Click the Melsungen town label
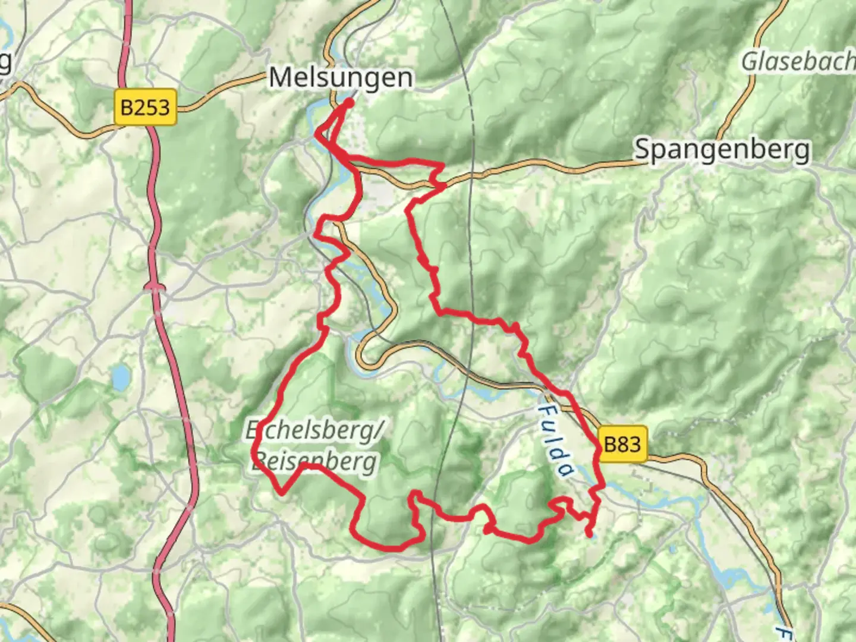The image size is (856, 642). pos(341,78)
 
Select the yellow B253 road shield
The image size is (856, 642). pos(145,108)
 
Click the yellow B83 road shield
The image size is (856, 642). pos(622,444)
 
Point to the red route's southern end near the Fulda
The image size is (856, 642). pos(589,534)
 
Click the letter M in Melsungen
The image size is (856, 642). pos(281,78)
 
